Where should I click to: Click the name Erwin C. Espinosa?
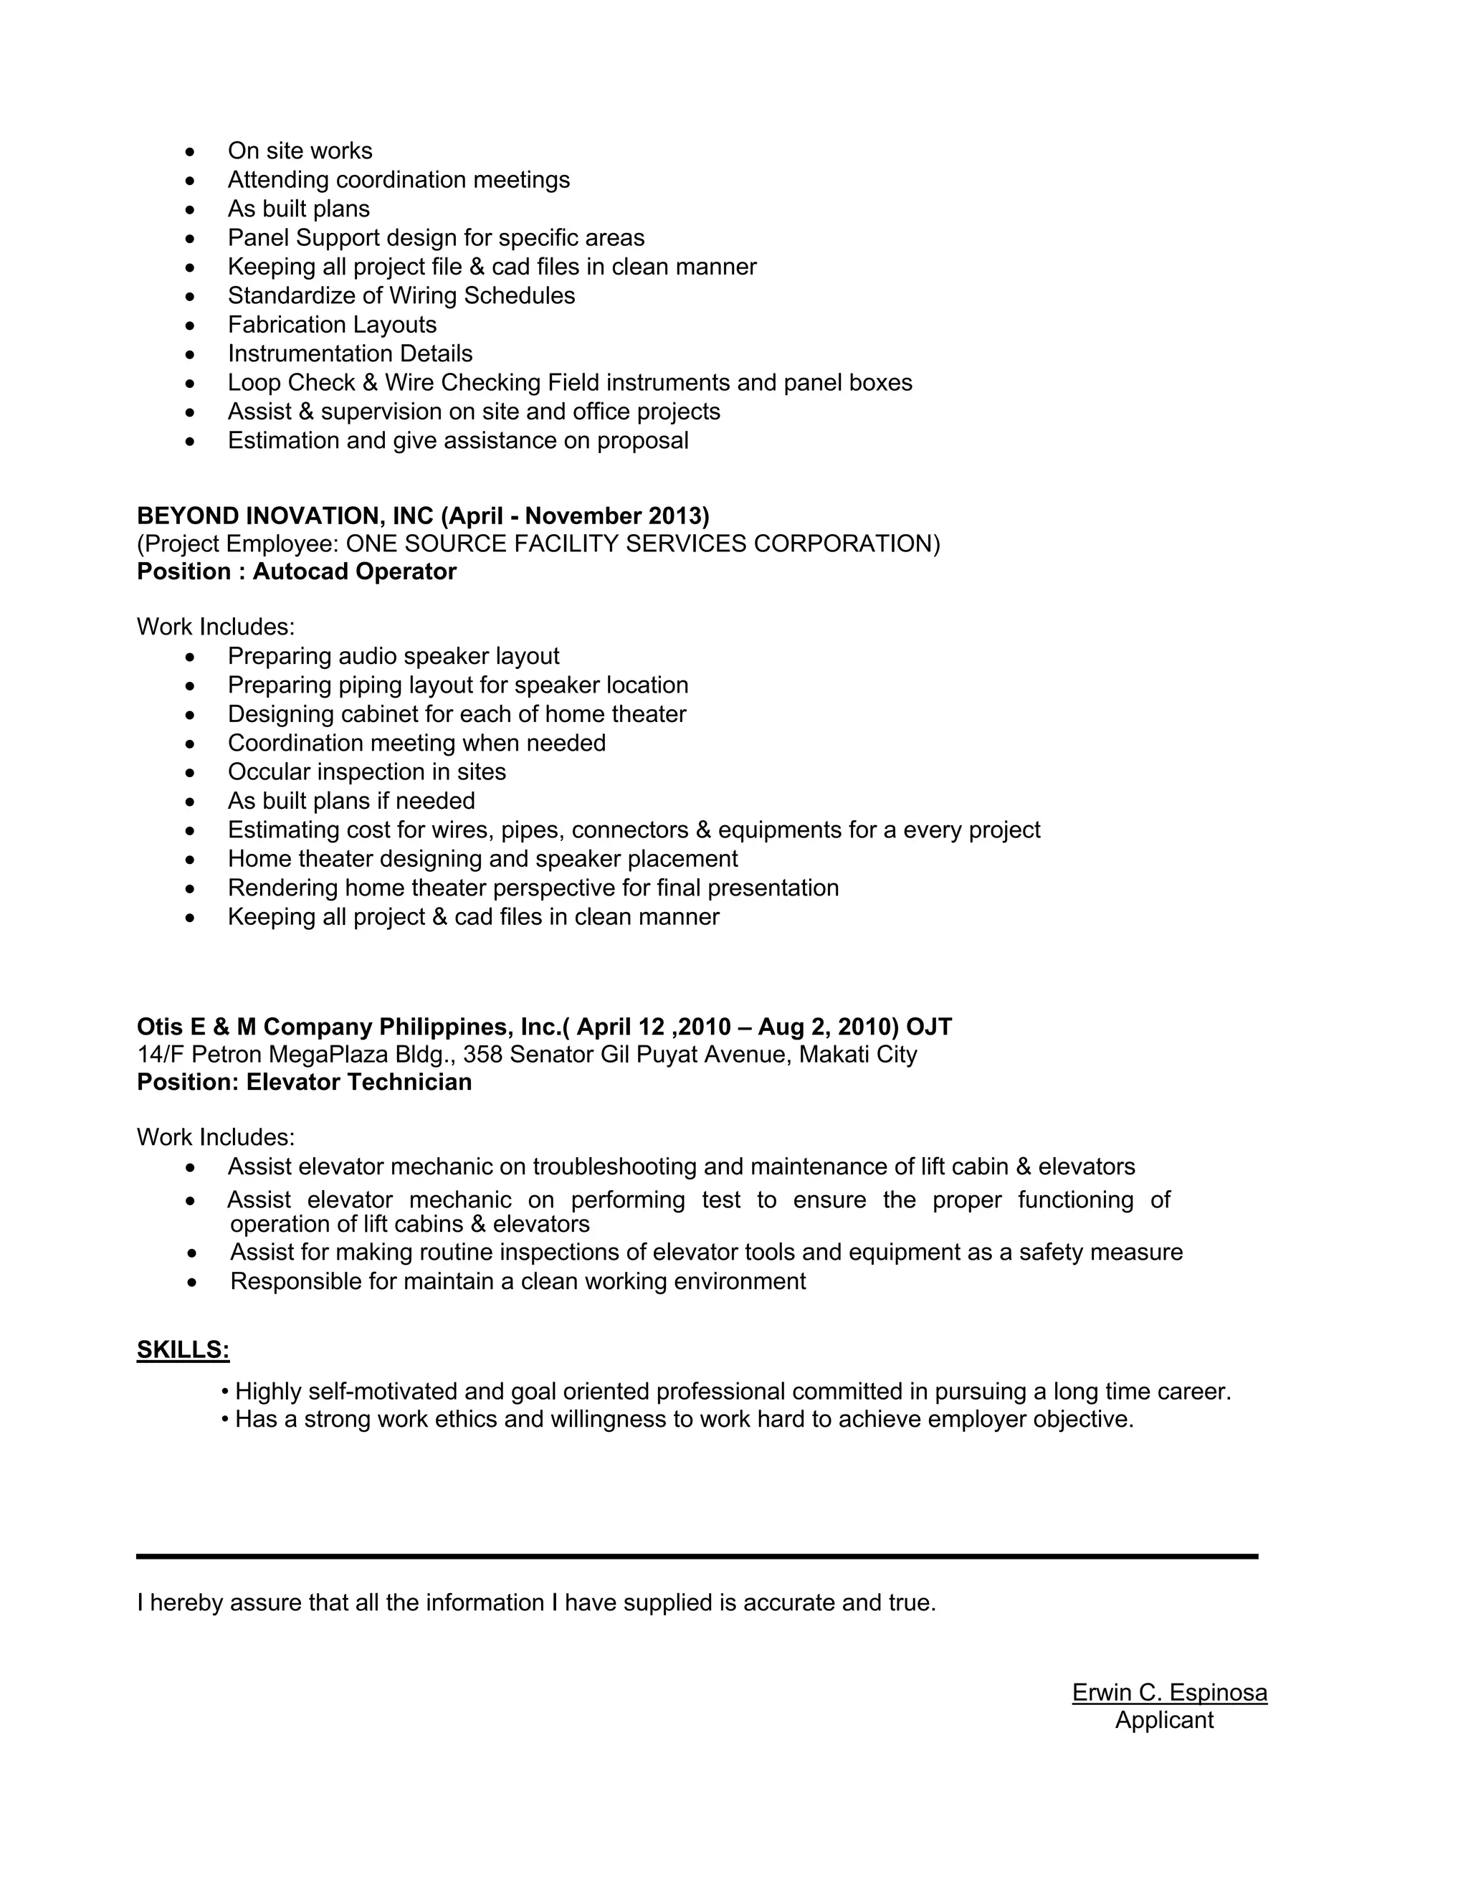(x=1169, y=1692)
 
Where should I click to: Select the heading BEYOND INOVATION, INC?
(x=285, y=516)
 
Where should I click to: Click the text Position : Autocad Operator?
(x=297, y=571)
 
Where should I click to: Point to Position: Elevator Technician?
(x=305, y=1082)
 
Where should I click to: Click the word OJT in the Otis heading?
(x=929, y=1027)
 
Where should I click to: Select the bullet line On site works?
(x=300, y=151)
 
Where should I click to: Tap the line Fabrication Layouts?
(x=332, y=325)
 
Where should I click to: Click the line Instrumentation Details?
(x=351, y=353)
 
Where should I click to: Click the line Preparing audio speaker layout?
(x=393, y=656)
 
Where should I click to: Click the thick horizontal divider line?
(x=697, y=1557)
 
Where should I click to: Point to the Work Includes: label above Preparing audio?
(x=216, y=627)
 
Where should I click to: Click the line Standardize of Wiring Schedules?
(x=401, y=296)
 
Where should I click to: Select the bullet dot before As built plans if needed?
(x=191, y=802)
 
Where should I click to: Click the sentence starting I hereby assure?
(x=535, y=1602)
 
